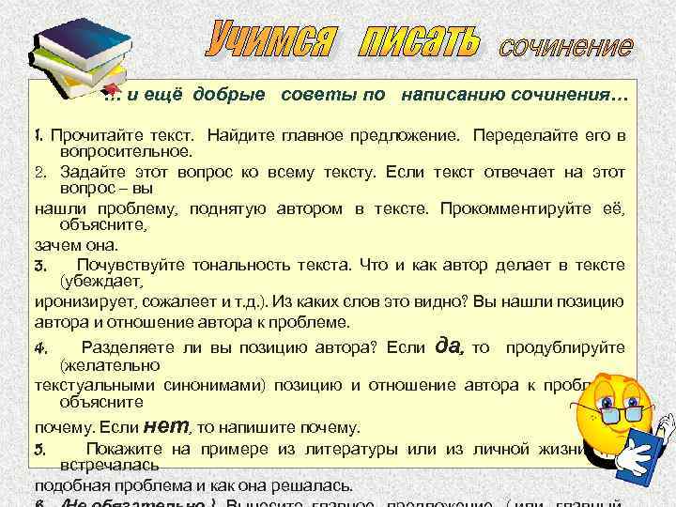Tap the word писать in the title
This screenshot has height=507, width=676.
[420, 39]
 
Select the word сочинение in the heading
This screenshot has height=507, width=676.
[565, 44]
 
